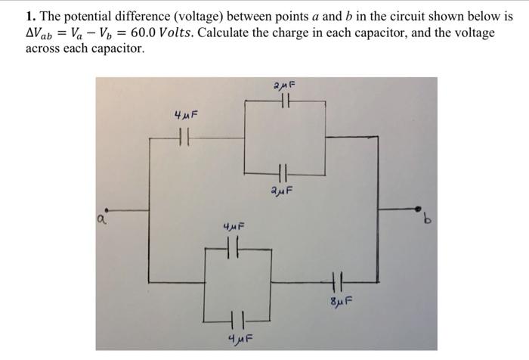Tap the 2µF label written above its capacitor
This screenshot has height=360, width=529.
[285, 85]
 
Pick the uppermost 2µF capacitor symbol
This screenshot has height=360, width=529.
[285, 101]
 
